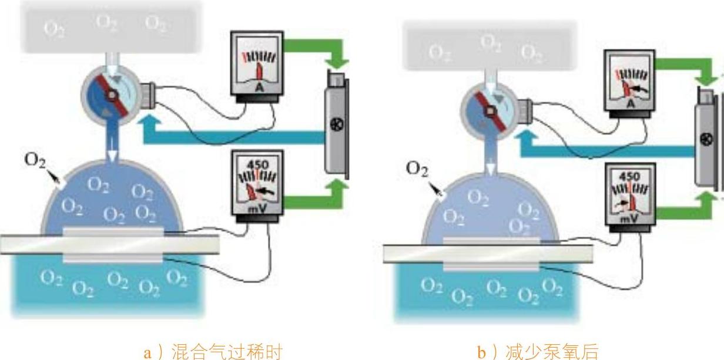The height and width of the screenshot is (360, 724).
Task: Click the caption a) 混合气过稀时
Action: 213,352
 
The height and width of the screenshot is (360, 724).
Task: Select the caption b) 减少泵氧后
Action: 539,352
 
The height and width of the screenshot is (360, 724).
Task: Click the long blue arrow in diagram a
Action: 235,137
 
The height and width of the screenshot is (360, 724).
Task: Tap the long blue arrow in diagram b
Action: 605,151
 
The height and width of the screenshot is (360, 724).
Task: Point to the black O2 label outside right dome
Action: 417,169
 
